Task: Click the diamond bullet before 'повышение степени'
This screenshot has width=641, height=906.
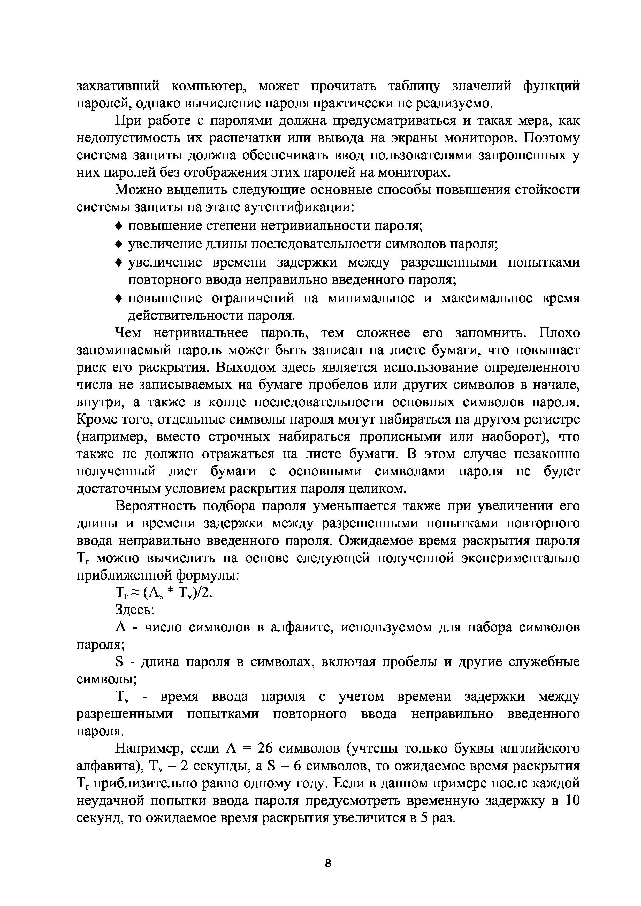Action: (118, 226)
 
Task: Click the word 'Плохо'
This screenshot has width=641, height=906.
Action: (560, 333)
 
